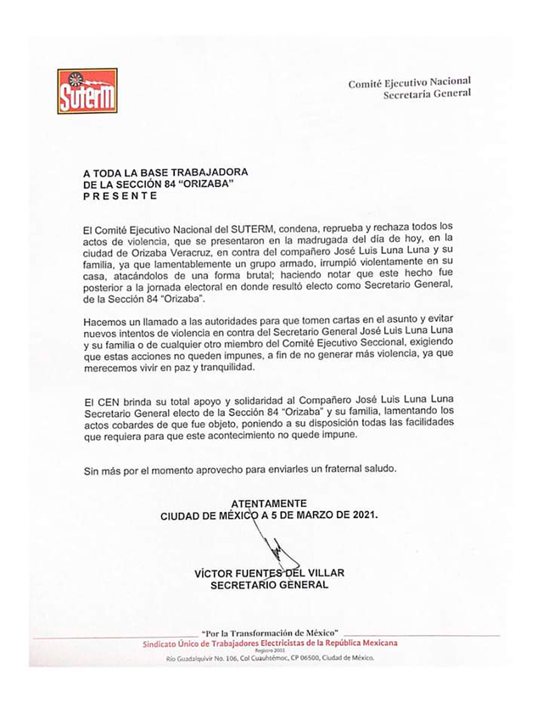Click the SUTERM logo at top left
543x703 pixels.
tap(87, 91)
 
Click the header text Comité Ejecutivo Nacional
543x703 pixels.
tap(409, 82)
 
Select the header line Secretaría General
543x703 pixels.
tap(427, 94)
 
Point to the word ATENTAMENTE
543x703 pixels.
tap(269, 503)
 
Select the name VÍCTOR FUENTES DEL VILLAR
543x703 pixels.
tap(269, 573)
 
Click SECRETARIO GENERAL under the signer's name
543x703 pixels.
tap(269, 585)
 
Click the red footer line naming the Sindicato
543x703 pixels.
tap(271, 643)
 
